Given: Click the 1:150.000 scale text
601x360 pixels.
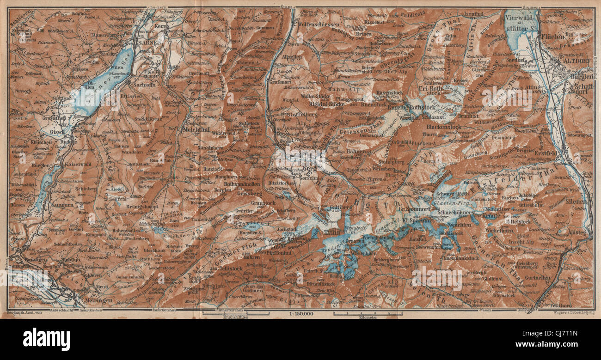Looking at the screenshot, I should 300,314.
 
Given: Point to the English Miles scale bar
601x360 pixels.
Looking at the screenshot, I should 236,314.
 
